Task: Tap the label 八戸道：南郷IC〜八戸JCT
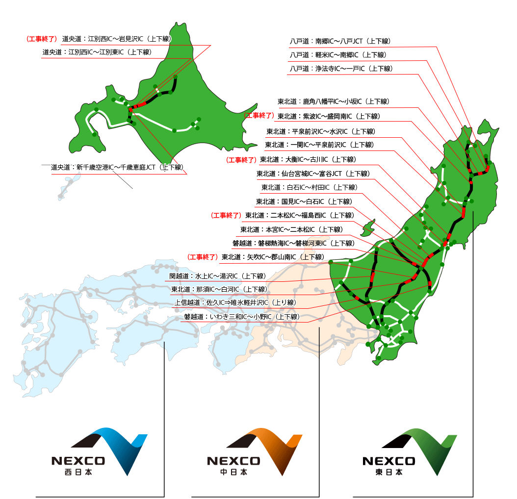(340, 41)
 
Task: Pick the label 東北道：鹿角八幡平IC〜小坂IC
(333, 101)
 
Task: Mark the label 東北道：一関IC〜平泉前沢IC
(319, 145)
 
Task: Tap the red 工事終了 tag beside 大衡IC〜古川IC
(241, 159)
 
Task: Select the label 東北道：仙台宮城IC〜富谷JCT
(312, 174)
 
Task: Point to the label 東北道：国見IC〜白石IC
(304, 201)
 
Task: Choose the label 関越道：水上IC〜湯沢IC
(217, 276)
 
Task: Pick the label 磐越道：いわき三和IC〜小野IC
(242, 317)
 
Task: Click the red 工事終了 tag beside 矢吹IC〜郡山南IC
(203, 257)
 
